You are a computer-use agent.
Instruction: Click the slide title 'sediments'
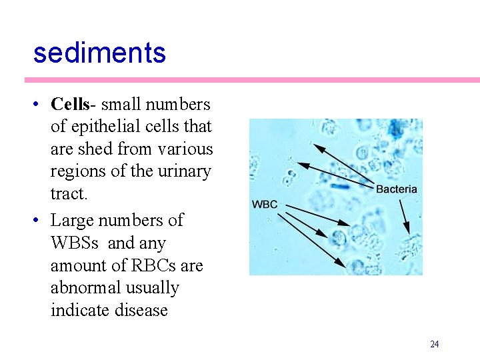[x=99, y=53]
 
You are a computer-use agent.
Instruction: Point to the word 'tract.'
[x=69, y=194]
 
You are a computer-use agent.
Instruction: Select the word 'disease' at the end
[x=142, y=311]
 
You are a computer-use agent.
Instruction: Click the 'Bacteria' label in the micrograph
[x=397, y=189]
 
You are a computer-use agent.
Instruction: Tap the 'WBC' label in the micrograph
[x=265, y=205]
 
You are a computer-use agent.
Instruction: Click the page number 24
[x=435, y=345]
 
